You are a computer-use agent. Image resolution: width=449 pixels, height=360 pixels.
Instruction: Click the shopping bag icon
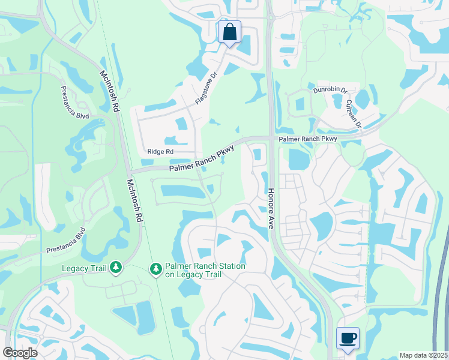[x=229, y=32]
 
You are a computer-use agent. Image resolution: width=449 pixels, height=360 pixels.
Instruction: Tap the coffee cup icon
[x=348, y=338]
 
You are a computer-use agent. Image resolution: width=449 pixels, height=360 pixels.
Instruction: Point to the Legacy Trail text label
[x=84, y=268]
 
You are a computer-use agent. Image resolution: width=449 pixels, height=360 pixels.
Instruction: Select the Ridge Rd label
[x=160, y=152]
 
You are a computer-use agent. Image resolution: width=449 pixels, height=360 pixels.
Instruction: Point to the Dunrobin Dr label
[x=330, y=91]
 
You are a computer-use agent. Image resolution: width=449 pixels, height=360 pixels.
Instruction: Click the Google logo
[x=20, y=352]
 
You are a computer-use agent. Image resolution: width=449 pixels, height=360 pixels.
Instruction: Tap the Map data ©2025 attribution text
[x=423, y=355]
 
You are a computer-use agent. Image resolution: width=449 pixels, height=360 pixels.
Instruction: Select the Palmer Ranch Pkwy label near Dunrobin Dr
[x=307, y=139]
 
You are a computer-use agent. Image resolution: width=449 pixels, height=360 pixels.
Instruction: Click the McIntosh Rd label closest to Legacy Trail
[x=135, y=200]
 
